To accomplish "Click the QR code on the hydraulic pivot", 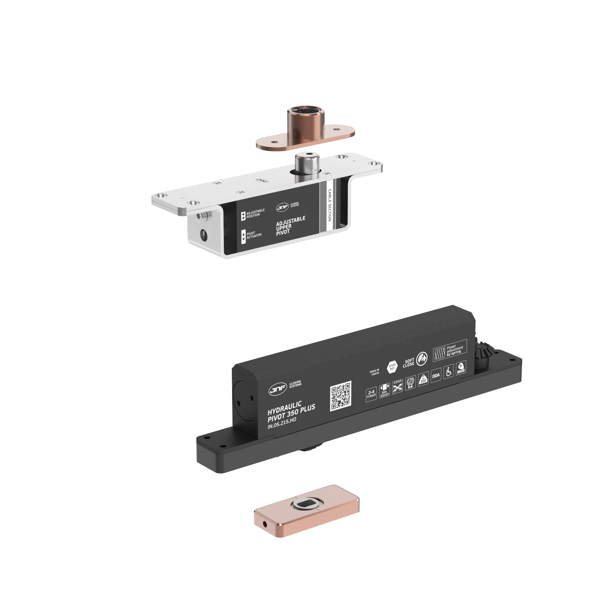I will click(x=341, y=396).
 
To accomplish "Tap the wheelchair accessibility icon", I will click(x=449, y=372).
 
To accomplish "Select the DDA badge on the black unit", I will click(x=436, y=376).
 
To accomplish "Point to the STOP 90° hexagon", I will click(x=392, y=367).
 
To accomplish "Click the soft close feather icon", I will click(x=422, y=358).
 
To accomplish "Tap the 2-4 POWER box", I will click(x=371, y=394).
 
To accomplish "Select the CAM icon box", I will click(x=461, y=368).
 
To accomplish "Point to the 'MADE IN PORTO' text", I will click(x=375, y=372).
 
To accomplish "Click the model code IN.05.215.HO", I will click(x=282, y=423).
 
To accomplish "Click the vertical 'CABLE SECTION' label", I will click(x=329, y=205).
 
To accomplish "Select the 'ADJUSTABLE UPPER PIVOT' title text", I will click(x=290, y=226).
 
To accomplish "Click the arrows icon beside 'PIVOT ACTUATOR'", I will click(x=244, y=237).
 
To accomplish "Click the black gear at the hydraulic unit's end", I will click(x=484, y=351).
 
